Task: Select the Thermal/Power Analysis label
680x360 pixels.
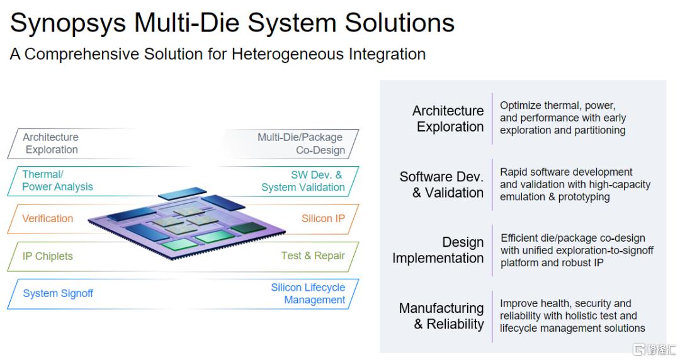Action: [x=57, y=181]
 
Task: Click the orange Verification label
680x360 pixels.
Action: [x=47, y=218]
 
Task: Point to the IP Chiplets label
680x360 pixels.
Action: [x=47, y=256]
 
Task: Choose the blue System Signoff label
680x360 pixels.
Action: [x=58, y=294]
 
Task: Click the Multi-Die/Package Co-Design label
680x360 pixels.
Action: [x=301, y=143]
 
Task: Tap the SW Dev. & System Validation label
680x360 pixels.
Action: [x=303, y=181]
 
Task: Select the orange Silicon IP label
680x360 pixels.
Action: [x=323, y=218]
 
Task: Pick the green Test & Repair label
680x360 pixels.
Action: [x=313, y=256]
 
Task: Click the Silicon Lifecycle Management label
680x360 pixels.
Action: [x=308, y=294]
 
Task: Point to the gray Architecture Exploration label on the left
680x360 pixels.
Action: [x=51, y=143]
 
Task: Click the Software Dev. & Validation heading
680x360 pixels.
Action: [x=441, y=184]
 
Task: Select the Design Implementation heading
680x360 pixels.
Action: [x=438, y=250]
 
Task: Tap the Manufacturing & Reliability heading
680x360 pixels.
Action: [x=441, y=316]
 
